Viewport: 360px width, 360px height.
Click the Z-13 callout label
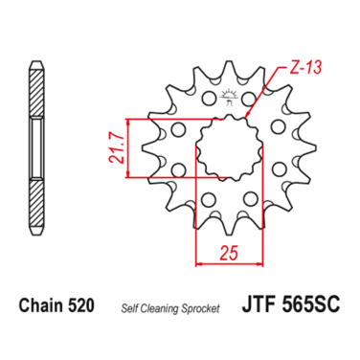click(x=305, y=68)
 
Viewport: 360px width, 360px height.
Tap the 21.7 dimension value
click(x=117, y=148)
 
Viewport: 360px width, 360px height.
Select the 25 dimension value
click(x=229, y=253)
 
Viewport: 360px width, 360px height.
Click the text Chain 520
click(x=56, y=305)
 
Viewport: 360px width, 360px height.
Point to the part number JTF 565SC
click(x=291, y=304)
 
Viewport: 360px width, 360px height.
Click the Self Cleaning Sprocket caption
click(x=170, y=308)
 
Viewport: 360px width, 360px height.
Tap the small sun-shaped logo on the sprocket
click(x=230, y=97)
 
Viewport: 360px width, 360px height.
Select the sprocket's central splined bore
click(x=229, y=148)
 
